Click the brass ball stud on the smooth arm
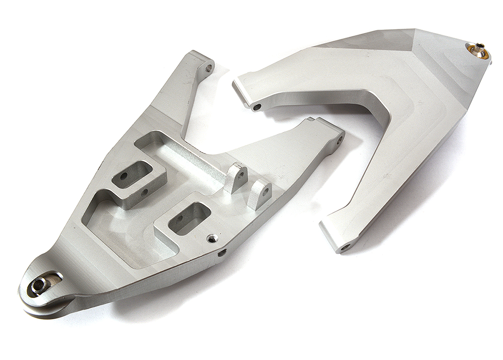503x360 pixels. coord(477,50)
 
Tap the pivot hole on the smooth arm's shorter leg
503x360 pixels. coord(257,107)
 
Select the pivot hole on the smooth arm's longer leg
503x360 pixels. coord(346,247)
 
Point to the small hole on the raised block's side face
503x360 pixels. coord(144,192)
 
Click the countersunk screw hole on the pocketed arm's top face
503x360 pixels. coord(213,238)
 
